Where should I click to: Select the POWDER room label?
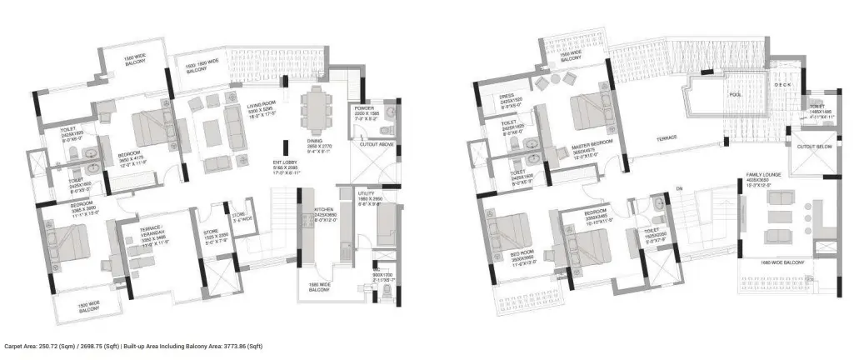[365, 108]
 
